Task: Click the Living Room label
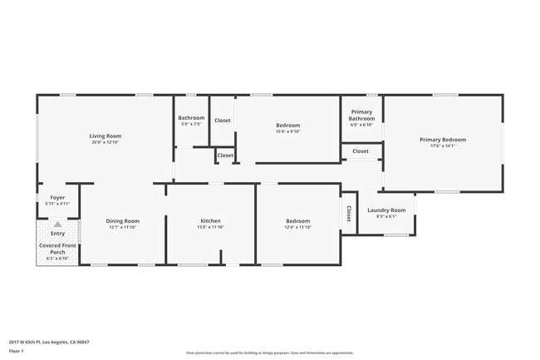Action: coord(106,136)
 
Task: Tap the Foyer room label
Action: coord(57,197)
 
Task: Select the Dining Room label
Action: coord(122,220)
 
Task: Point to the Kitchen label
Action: coord(209,220)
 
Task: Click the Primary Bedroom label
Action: coord(442,139)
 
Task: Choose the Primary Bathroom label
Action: coord(361,115)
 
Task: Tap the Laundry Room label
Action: coord(386,210)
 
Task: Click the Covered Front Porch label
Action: coord(57,249)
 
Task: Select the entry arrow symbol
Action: coord(57,224)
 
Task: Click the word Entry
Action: coord(57,234)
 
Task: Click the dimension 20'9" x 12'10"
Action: coord(106,142)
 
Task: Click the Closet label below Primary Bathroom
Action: coord(361,151)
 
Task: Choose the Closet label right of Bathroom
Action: coord(223,121)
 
